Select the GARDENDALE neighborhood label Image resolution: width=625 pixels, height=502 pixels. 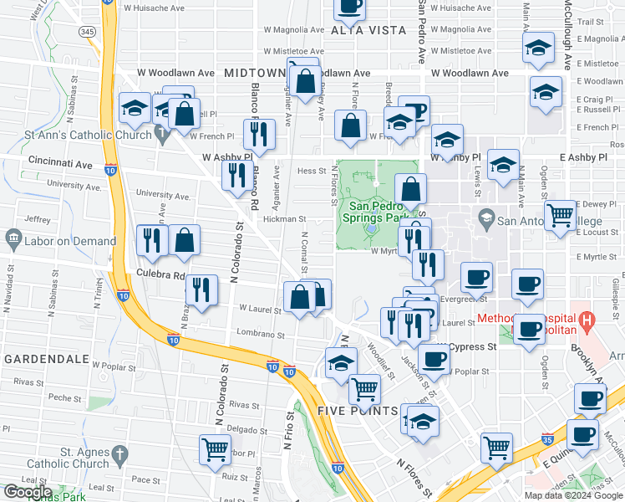point(47,358)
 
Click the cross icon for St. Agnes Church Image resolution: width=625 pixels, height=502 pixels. point(119,456)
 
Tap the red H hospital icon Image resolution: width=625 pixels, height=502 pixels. point(587,319)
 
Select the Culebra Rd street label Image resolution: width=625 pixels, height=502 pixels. point(160,274)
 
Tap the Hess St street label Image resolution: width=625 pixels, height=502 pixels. point(311,171)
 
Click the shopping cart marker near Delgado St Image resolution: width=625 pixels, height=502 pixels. point(215,448)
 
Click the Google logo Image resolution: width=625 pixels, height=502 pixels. point(27,492)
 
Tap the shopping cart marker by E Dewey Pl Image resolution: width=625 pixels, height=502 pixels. point(560,215)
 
